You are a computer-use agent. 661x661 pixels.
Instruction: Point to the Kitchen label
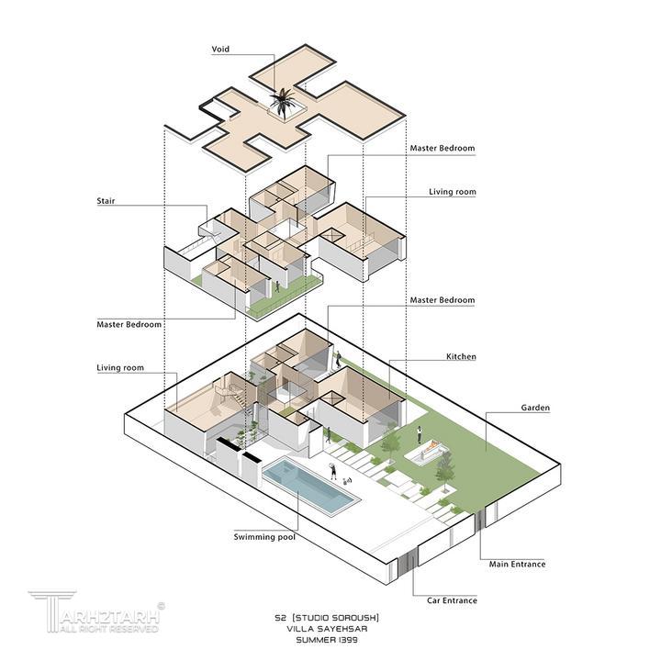tap(461, 356)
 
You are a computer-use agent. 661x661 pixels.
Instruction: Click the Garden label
tap(535, 407)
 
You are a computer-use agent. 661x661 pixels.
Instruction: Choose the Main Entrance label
tap(517, 564)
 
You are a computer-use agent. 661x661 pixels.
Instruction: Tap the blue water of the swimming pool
tap(310, 487)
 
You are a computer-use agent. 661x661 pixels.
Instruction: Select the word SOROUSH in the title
tap(353, 616)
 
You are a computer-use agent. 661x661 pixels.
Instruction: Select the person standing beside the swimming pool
tap(333, 472)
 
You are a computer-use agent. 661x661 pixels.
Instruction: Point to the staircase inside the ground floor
tap(228, 398)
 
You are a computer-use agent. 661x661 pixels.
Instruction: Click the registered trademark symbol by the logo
tap(162, 606)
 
